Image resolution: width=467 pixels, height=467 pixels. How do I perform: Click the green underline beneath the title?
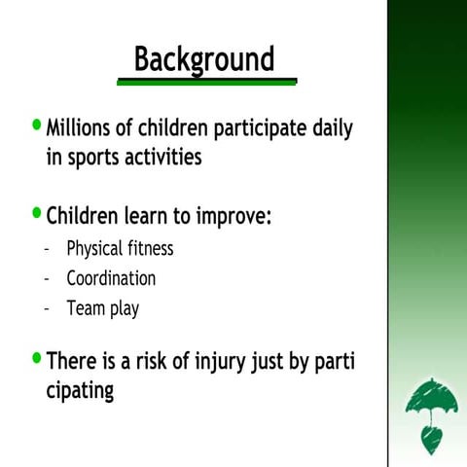(x=205, y=82)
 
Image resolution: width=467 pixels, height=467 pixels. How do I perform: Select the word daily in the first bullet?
(x=327, y=128)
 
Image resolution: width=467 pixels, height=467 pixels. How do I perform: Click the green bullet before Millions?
(x=37, y=126)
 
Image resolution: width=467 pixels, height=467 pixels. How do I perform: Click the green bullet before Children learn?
(x=37, y=211)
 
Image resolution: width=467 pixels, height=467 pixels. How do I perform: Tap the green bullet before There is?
(x=37, y=359)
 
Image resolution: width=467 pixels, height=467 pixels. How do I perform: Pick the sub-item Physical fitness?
(x=120, y=249)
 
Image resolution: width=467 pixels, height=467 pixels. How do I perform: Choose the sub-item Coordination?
(x=111, y=278)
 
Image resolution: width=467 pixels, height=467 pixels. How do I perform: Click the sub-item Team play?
(x=102, y=309)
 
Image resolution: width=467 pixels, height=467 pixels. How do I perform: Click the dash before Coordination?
(x=47, y=279)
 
